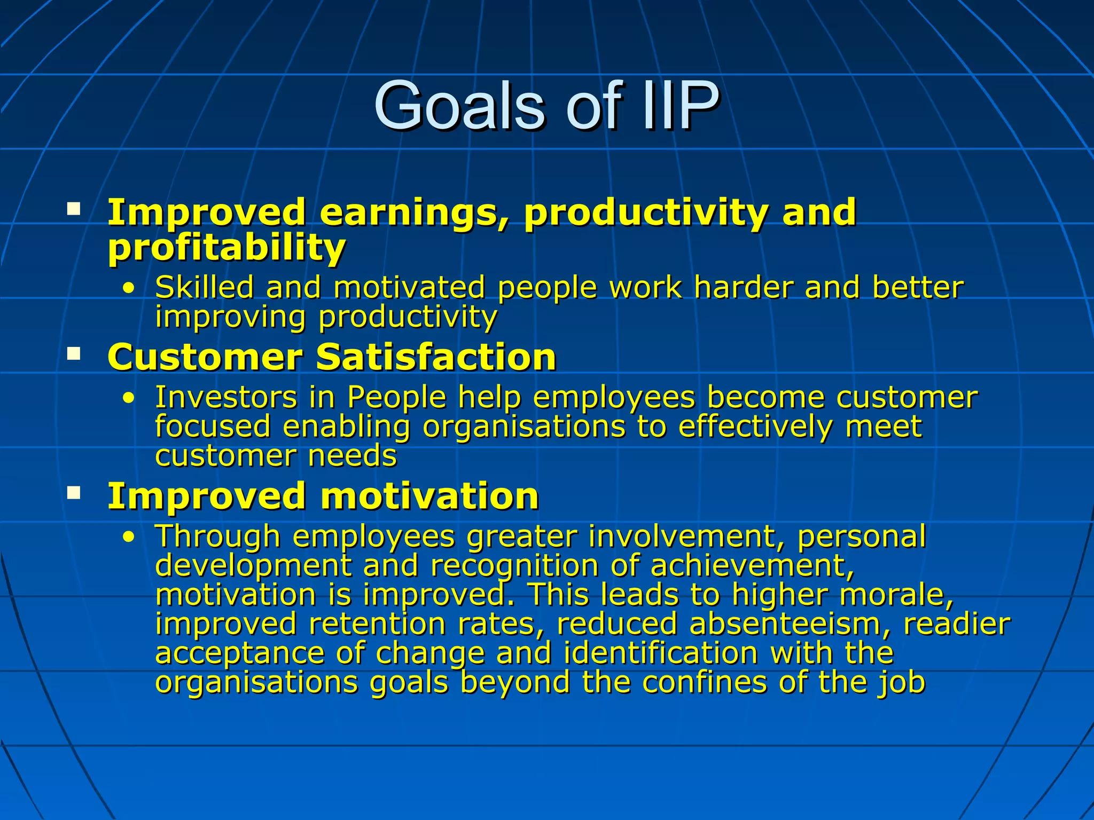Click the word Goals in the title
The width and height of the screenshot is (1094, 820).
[459, 106]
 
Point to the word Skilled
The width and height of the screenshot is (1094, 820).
[204, 287]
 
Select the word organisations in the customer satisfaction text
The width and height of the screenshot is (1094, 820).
[523, 427]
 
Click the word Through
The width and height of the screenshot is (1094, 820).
[217, 537]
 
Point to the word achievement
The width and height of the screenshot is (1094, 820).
[752, 566]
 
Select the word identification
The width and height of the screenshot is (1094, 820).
[660, 653]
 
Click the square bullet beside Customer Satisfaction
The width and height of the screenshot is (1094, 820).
[74, 353]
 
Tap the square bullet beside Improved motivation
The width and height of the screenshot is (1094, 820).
[74, 492]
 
